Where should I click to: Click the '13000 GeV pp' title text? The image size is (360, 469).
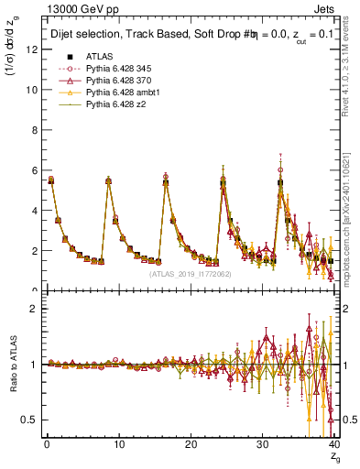tap(71, 8)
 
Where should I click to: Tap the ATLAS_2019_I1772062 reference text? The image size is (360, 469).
tap(190, 273)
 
